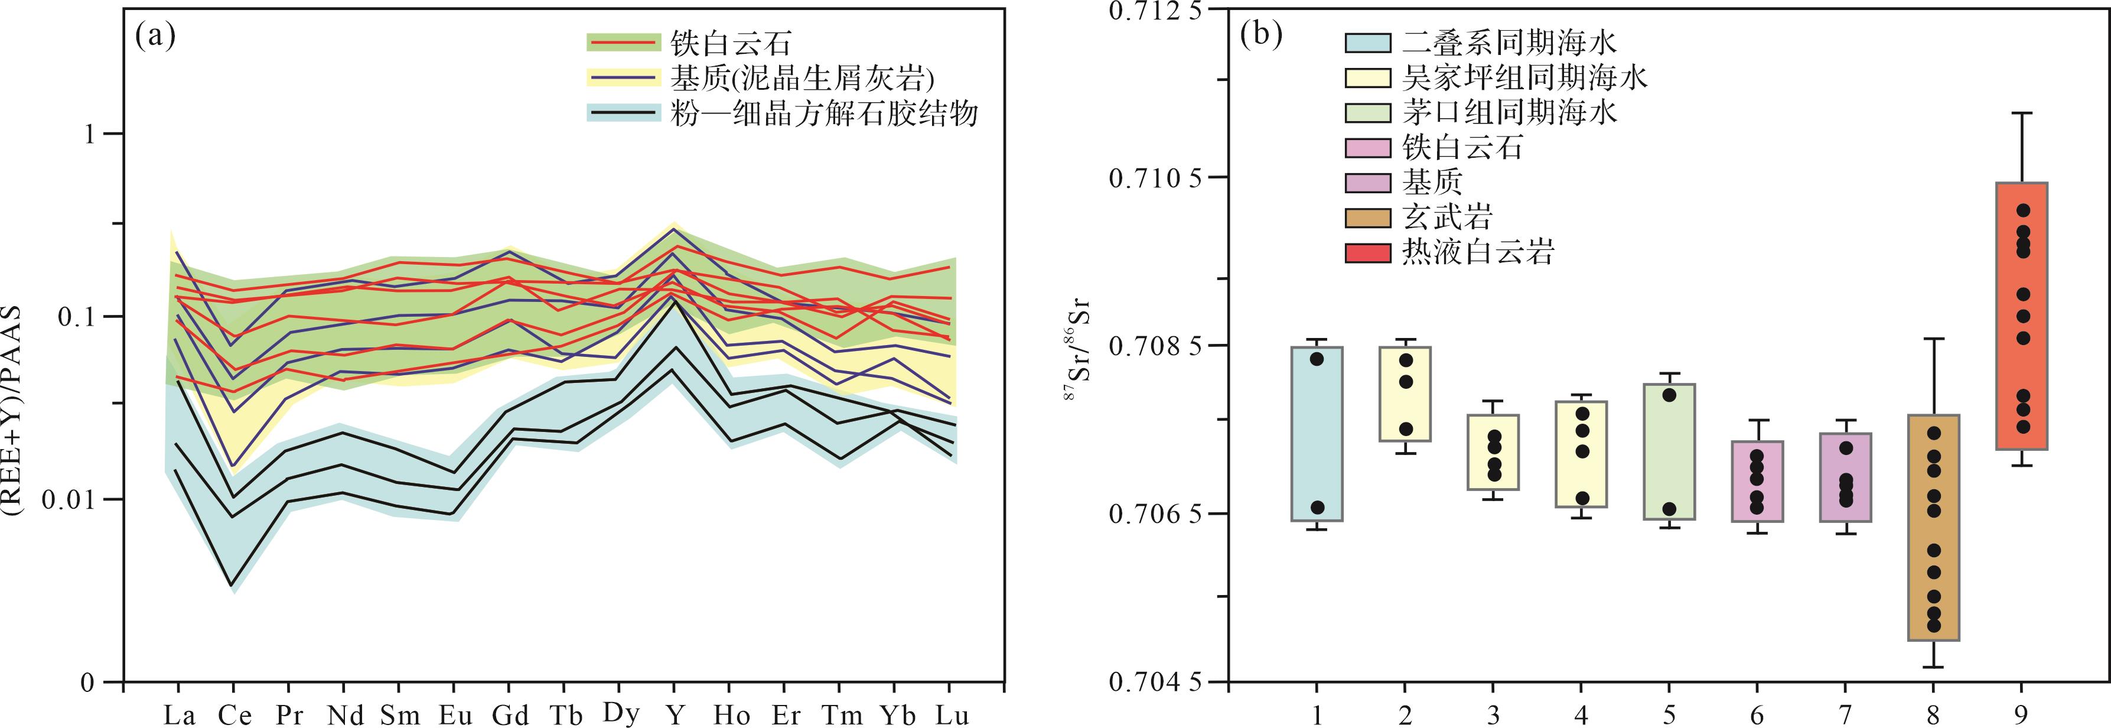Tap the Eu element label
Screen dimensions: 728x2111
coord(455,716)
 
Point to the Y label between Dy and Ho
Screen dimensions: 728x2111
coord(675,716)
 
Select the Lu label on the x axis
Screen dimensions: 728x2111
coord(952,716)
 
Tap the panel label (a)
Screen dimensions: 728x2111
coord(156,36)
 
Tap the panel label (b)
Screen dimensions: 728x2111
coord(1261,36)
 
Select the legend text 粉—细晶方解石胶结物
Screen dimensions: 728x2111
coord(823,113)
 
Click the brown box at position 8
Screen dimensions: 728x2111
coord(1933,527)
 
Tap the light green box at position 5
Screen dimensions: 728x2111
coord(1669,451)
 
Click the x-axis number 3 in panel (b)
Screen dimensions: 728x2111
coord(1493,716)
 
